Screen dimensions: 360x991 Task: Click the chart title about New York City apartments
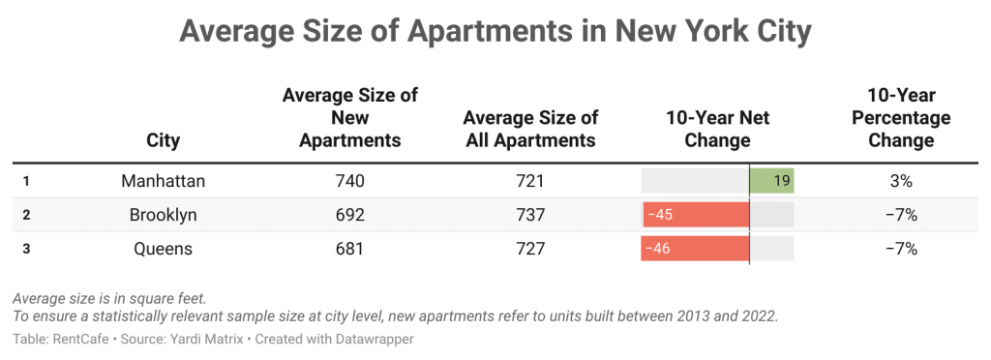click(495, 32)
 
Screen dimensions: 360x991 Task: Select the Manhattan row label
click(164, 181)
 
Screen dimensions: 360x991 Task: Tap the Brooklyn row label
click(164, 215)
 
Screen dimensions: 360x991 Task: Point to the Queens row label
click(164, 249)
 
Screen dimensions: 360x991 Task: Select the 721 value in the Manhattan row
click(530, 181)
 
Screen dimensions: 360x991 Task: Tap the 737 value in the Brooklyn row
click(530, 215)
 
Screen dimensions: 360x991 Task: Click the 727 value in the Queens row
click(530, 249)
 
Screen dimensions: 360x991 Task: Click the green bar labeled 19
click(771, 181)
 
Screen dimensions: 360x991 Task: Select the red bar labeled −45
click(696, 215)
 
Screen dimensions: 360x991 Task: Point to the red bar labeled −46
click(695, 249)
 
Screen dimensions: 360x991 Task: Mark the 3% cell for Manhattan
click(901, 181)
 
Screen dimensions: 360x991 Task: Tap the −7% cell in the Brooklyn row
click(901, 215)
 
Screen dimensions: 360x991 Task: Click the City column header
click(164, 140)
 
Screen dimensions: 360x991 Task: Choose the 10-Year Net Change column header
click(717, 129)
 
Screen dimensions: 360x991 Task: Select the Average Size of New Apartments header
click(349, 117)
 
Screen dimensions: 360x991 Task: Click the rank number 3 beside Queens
click(26, 249)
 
